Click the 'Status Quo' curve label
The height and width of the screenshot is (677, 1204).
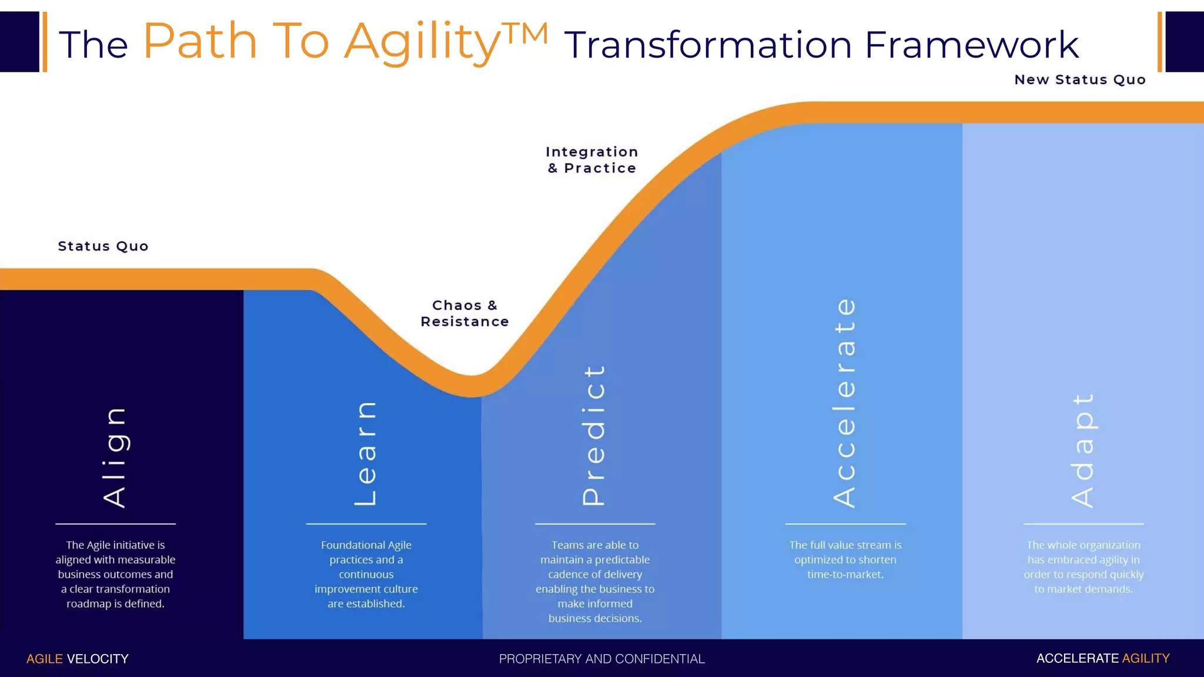coord(103,246)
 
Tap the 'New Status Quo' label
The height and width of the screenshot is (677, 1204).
coord(1080,80)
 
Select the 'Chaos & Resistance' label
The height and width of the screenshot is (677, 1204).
coord(464,313)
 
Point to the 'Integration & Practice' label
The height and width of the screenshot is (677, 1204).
coord(591,160)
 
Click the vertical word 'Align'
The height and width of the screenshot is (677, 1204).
coord(115,457)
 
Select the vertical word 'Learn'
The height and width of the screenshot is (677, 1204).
coord(366,454)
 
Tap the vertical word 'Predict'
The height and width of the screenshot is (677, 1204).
coord(594,435)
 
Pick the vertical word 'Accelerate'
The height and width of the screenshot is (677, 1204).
coord(845,403)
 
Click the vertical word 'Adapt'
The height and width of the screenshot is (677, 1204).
coord(1083,450)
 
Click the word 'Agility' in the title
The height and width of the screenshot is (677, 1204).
coord(422,41)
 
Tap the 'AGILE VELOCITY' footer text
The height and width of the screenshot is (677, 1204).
coord(77,659)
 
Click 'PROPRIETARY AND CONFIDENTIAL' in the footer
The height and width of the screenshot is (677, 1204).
coord(601,659)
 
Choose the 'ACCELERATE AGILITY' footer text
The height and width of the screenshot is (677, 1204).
coord(1102,658)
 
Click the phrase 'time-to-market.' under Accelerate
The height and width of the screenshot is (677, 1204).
coord(845,574)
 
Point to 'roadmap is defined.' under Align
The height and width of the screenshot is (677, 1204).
coord(115,604)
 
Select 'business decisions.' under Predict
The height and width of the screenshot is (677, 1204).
coord(595,618)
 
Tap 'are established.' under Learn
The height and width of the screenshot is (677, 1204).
coord(366,604)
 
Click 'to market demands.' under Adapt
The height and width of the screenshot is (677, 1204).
coord(1083,589)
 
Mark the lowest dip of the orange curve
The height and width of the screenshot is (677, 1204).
coord(472,386)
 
